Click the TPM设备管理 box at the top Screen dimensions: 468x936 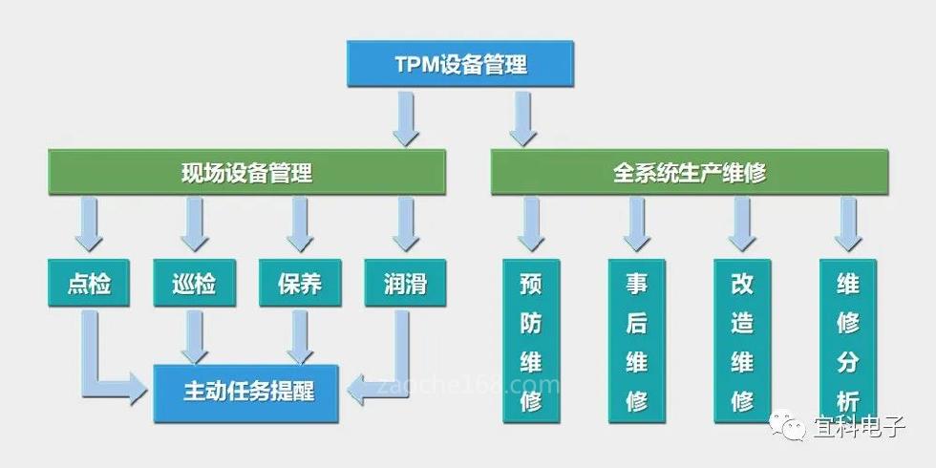coord(460,64)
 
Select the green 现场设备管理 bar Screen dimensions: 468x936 coord(246,173)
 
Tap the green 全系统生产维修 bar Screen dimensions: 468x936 coord(689,173)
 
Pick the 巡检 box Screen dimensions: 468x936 coord(195,283)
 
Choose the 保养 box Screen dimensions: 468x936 coord(300,283)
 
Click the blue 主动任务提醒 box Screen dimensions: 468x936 coord(246,393)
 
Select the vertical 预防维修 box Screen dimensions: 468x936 coord(531,341)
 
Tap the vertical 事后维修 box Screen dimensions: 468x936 coord(636,341)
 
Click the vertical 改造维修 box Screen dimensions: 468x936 coord(742,341)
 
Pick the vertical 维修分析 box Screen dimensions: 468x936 coord(847,341)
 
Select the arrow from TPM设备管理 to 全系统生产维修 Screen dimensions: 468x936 coord(521,117)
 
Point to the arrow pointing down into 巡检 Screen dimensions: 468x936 coord(195,224)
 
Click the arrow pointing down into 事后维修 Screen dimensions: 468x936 coord(637,224)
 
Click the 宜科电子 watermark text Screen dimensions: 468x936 coord(860,426)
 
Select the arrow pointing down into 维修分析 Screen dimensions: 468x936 coord(847,224)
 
